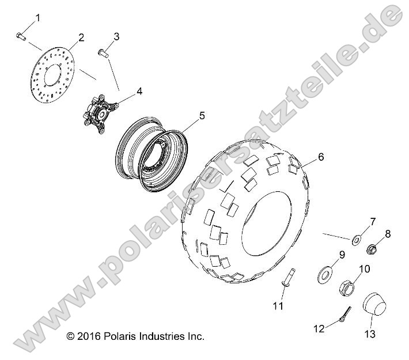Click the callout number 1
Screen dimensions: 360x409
click(38, 18)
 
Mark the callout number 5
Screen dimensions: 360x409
click(185, 116)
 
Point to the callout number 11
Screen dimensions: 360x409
click(278, 306)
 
